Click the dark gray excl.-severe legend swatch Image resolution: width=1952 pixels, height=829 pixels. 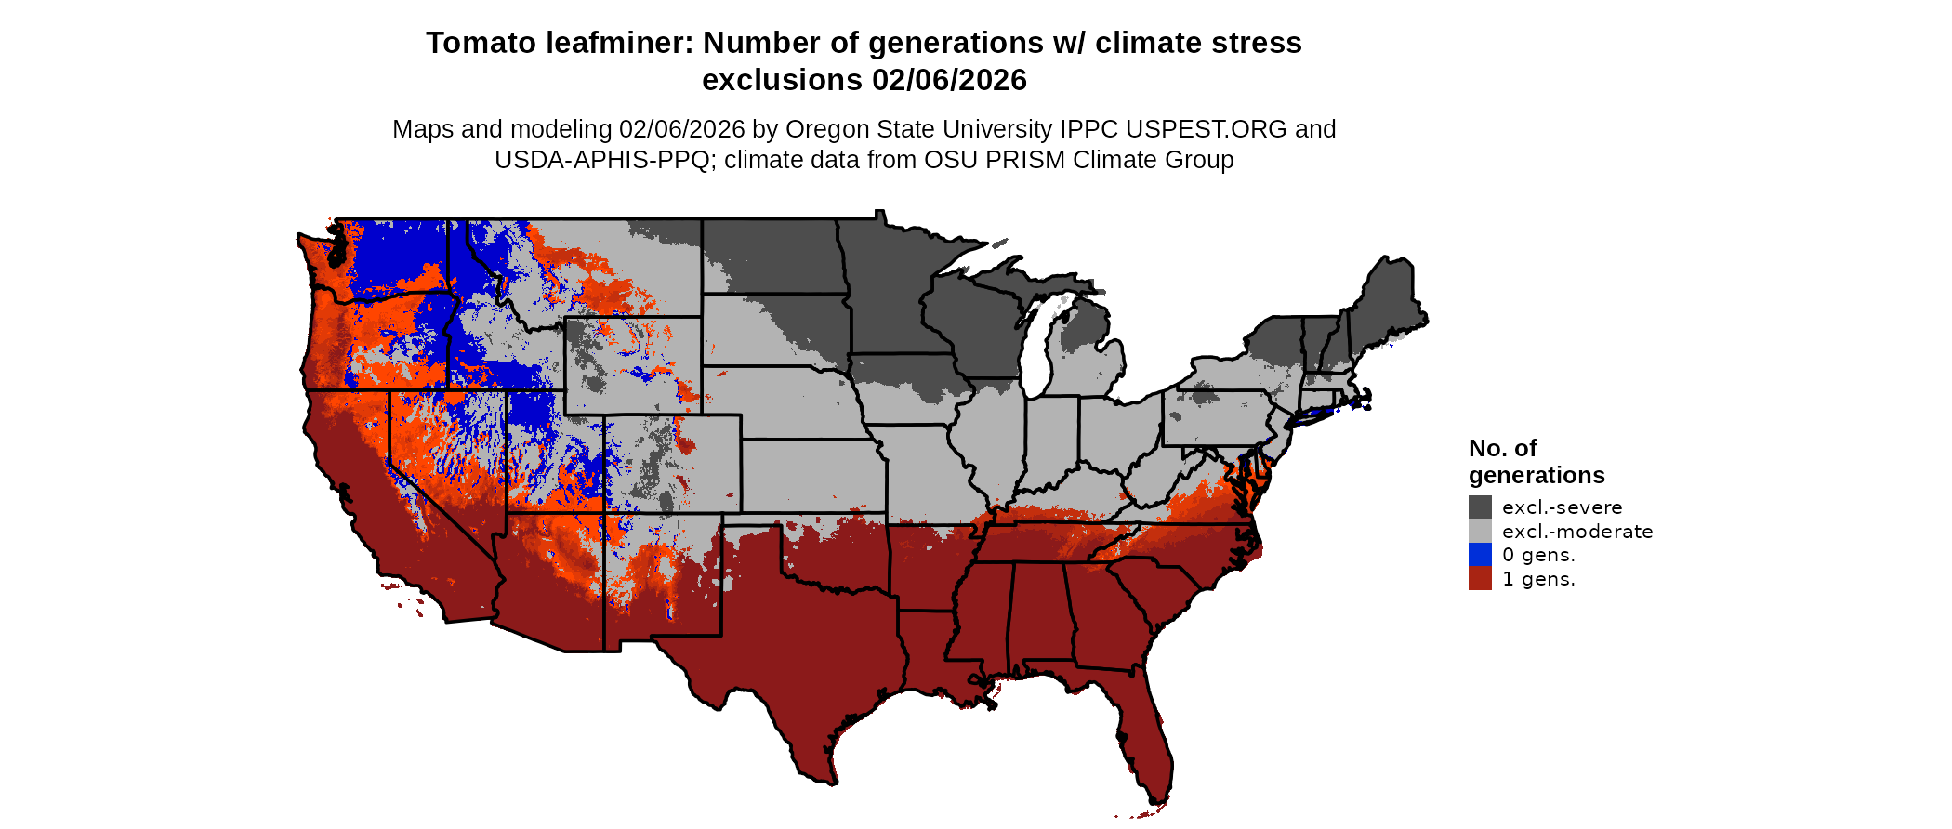[1480, 507]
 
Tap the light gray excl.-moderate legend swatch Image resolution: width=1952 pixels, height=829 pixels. [1480, 531]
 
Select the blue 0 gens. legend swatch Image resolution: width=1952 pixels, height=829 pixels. [1480, 555]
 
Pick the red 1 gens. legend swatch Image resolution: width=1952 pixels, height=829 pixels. [1480, 579]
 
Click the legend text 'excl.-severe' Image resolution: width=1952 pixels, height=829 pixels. [1562, 507]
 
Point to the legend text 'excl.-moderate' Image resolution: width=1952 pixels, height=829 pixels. [1577, 532]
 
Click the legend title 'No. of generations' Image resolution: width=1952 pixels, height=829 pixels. [1536, 462]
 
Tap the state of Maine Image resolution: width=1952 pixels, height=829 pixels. [1391, 297]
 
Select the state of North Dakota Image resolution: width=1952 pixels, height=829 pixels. [772, 256]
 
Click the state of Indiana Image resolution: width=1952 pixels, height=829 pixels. [1051, 437]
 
